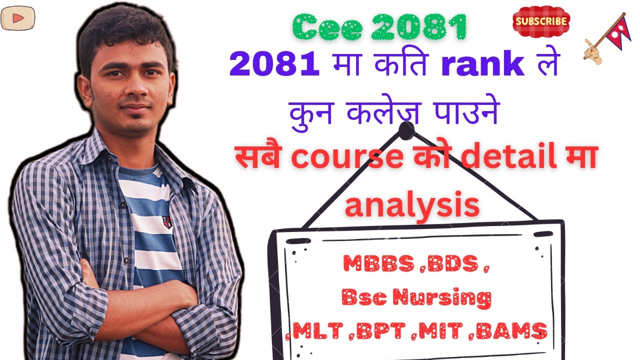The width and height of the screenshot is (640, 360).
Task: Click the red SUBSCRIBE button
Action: coord(541,22)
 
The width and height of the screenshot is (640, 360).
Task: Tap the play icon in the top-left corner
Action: coord(14,18)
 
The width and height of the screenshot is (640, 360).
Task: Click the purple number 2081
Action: coord(274,65)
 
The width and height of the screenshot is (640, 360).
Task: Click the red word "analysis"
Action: coord(412,205)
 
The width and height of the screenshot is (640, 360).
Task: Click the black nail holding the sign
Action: coord(406,131)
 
